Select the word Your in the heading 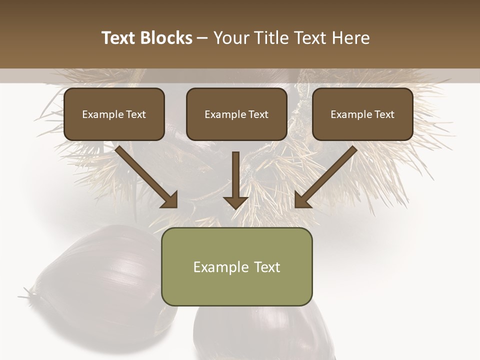[x=233, y=38]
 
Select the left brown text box [x=114, y=114]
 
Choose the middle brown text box [x=236, y=114]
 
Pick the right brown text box [x=362, y=114]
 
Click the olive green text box [x=236, y=266]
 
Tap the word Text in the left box [x=136, y=114]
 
